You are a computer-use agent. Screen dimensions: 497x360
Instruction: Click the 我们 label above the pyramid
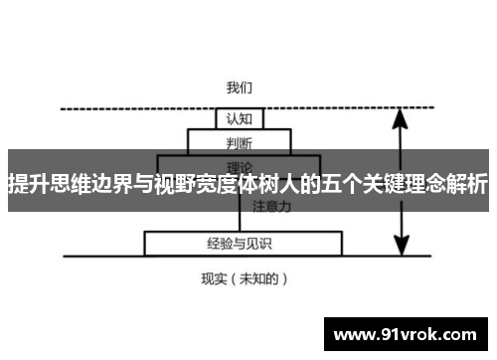(239, 88)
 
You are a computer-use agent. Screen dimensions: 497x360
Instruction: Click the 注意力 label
(271, 207)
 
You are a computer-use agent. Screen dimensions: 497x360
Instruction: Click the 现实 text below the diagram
(216, 279)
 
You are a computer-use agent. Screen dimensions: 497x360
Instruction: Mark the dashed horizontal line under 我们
(149, 108)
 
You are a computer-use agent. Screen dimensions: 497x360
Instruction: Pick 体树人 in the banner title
(255, 184)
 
